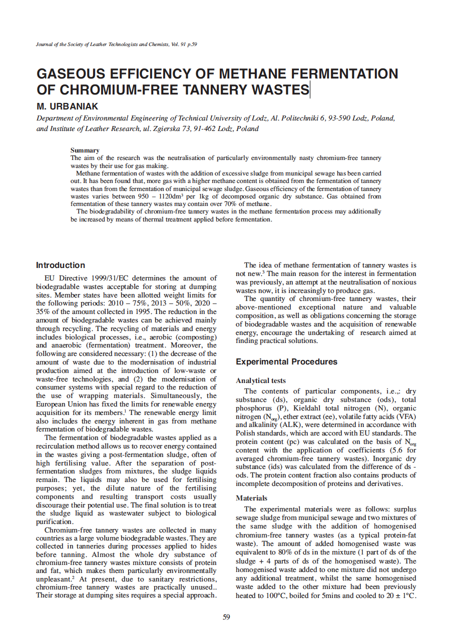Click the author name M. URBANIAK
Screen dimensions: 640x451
(x=68, y=107)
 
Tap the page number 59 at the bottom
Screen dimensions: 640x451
(x=226, y=617)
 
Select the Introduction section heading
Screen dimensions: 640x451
(x=61, y=265)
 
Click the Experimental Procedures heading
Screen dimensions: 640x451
(x=286, y=361)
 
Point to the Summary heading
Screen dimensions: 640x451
(x=85, y=150)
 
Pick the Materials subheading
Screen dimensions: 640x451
(x=251, y=498)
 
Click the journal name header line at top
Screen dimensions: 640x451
(x=117, y=44)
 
